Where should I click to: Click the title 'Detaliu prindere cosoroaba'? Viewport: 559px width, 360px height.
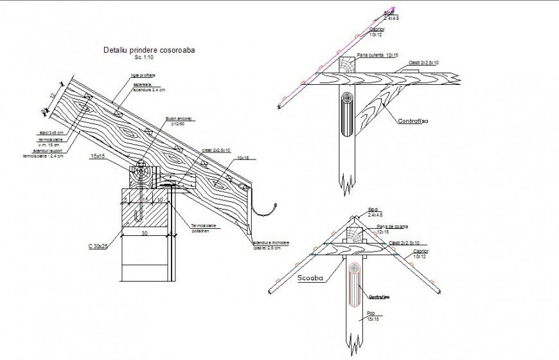click(x=149, y=50)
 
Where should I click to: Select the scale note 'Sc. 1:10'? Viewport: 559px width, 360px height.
click(x=146, y=57)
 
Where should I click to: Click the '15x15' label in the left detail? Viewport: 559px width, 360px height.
click(x=98, y=156)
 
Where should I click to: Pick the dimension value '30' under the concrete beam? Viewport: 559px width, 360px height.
click(x=145, y=234)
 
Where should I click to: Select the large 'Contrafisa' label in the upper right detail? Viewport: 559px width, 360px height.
click(x=413, y=120)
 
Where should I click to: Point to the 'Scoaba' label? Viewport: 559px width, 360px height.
click(x=310, y=279)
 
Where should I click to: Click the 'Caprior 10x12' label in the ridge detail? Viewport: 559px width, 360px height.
click(x=421, y=254)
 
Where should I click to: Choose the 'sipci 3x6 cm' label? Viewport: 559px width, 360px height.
click(x=51, y=133)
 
